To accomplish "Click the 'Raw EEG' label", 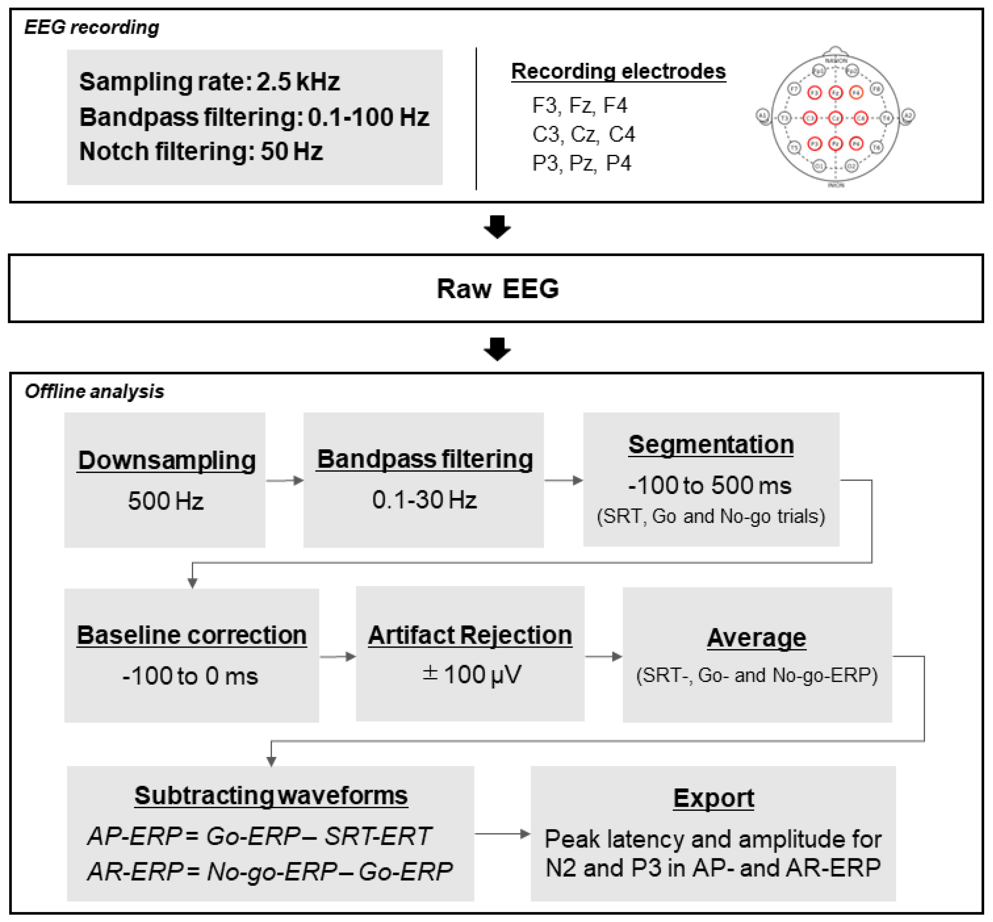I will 497,288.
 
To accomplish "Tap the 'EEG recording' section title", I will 92,27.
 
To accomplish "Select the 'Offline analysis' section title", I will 94,391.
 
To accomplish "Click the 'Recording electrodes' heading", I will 618,71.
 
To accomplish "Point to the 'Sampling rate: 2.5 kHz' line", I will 209,81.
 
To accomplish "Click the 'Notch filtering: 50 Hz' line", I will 201,151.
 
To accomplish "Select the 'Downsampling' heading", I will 166,460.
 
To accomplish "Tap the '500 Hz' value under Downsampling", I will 165,501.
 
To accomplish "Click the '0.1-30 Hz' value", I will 424,499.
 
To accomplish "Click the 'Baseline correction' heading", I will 192,635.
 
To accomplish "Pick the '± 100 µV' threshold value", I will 471,674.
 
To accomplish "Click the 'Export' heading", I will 713,797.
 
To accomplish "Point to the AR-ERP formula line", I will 269,871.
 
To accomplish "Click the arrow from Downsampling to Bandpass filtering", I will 284,480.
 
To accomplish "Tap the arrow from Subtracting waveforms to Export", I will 502,834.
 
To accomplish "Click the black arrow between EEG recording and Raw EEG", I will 497,226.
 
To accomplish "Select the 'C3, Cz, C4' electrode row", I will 583,134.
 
